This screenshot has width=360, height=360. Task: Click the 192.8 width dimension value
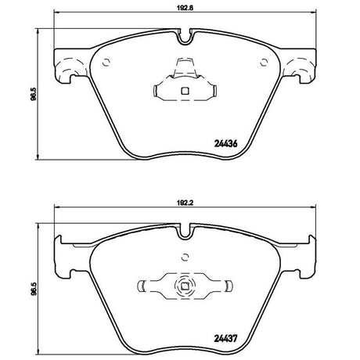(185, 7)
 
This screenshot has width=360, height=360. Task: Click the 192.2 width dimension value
(185, 203)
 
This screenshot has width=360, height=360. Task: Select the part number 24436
(225, 143)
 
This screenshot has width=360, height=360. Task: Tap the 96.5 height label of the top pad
(33, 94)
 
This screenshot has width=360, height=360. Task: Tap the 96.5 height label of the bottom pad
(33, 289)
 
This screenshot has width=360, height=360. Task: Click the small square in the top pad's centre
(185, 91)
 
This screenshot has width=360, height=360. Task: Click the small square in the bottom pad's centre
(185, 286)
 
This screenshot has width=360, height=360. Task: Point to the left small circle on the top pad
(106, 63)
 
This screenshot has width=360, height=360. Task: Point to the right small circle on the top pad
(265, 63)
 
